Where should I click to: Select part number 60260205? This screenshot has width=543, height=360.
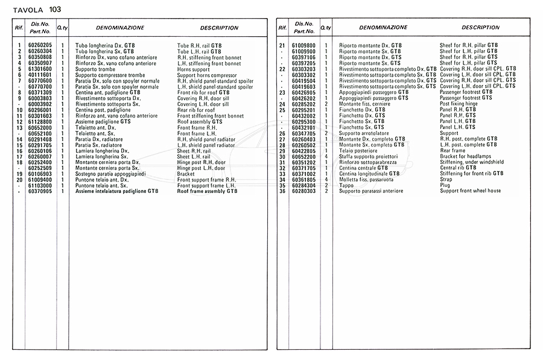[40, 45]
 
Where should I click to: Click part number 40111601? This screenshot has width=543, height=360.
[40, 75]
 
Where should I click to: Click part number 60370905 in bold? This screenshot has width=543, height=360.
[40, 191]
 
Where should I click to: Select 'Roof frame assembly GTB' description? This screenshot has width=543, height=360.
[207, 191]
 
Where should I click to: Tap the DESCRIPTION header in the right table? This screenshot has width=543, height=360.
[480, 27]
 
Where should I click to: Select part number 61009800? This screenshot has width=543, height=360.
[303, 45]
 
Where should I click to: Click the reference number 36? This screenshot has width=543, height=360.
[282, 191]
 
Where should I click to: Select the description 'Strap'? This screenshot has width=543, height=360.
[446, 180]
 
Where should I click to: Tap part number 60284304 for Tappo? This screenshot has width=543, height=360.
[303, 185]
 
